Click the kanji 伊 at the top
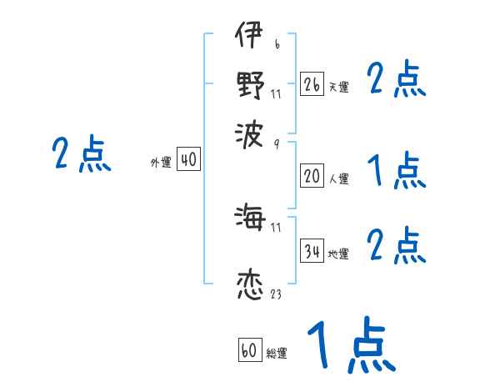click(248, 38)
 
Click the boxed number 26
click(312, 83)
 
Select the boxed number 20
click(312, 176)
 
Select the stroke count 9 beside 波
click(276, 144)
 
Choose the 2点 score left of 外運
click(81, 155)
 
